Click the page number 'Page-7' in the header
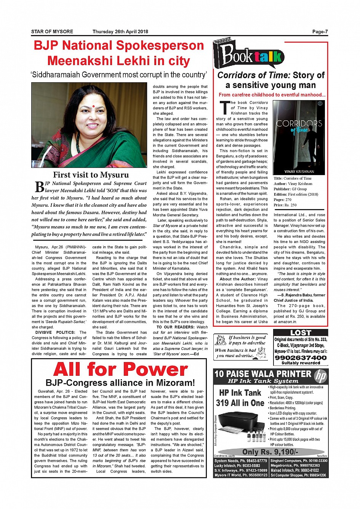[320, 32]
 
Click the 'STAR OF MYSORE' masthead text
[52, 32]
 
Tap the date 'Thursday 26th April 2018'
[120, 32]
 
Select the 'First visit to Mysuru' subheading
[91, 175]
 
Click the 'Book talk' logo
[250, 56]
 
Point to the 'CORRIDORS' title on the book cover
[299, 123]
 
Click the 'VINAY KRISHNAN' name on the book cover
[299, 172]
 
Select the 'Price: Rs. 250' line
[285, 205]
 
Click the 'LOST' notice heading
[301, 333]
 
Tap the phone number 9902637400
[301, 358]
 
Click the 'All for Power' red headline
[120, 369]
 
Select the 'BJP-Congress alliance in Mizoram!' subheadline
[120, 383]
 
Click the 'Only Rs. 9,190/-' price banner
[270, 452]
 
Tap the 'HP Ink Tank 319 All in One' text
[240, 398]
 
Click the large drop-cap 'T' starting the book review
[225, 107]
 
